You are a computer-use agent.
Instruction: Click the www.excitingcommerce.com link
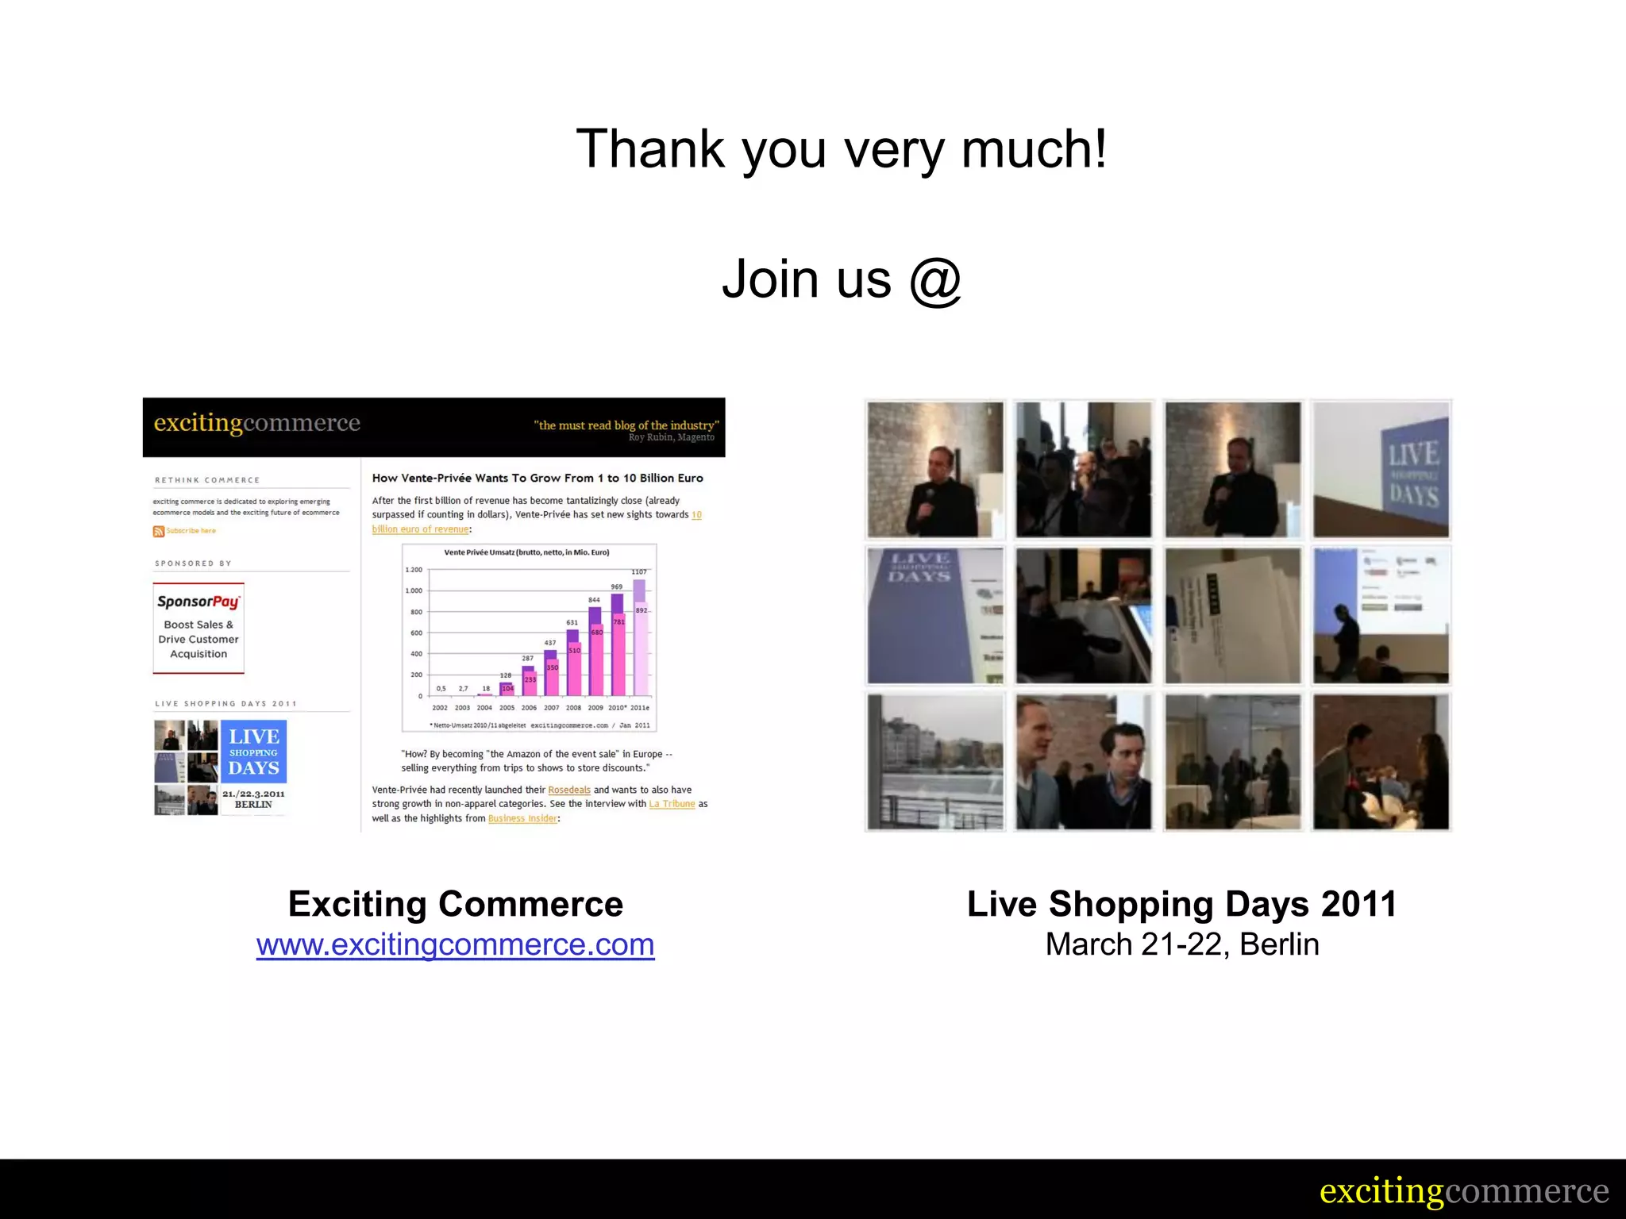[455, 944]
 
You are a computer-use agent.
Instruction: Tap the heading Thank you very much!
[841, 149]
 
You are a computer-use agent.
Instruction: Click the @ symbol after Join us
[935, 279]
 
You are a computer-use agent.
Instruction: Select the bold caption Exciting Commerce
[455, 904]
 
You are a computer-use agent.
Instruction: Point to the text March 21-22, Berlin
[1181, 944]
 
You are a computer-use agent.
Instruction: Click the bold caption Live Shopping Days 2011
[1181, 904]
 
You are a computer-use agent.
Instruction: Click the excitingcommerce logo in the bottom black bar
[1463, 1190]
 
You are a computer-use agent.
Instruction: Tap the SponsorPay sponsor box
[198, 628]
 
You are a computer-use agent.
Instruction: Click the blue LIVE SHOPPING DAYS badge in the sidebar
[253, 752]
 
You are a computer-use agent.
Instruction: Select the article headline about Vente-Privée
[538, 478]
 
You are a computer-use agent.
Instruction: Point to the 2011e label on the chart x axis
[640, 707]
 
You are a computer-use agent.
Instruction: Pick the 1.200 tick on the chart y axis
[414, 570]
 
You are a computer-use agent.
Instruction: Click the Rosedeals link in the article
[569, 790]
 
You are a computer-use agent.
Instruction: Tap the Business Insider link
[522, 818]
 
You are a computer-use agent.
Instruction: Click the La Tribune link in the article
[672, 804]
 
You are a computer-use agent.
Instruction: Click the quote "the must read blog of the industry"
[626, 425]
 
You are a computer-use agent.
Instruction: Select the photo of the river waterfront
[935, 762]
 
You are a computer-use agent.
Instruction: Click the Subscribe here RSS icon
[159, 531]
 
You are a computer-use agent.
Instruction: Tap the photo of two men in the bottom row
[1084, 762]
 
